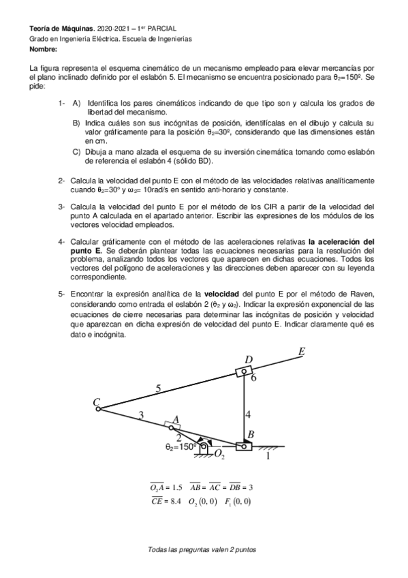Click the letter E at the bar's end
pyautogui.click(x=301, y=352)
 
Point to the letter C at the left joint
pyautogui.click(x=96, y=402)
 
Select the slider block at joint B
pyautogui.click(x=244, y=447)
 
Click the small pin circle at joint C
pyautogui.click(x=99, y=409)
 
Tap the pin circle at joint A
pyautogui.click(x=171, y=427)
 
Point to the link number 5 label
pyautogui.click(x=158, y=389)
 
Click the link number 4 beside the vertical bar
pyautogui.click(x=249, y=414)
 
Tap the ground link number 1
pyautogui.click(x=267, y=457)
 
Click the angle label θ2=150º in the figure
pyautogui.click(x=181, y=447)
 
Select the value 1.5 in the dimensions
pyautogui.click(x=176, y=487)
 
